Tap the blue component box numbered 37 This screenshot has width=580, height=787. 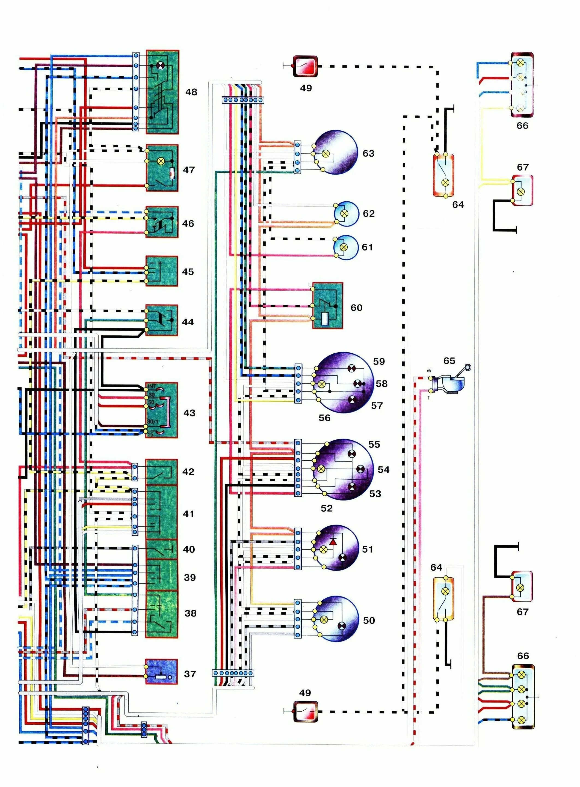(x=161, y=672)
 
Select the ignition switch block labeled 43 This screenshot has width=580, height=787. (x=161, y=410)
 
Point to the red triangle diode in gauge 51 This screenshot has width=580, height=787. (x=333, y=542)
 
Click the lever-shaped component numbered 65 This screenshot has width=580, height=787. (x=451, y=381)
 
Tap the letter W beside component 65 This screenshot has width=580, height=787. (x=429, y=371)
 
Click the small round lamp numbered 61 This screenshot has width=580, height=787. (x=345, y=247)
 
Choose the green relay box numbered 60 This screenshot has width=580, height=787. (x=328, y=306)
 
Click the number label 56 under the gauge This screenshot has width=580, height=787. (x=324, y=418)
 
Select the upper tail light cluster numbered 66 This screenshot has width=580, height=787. (x=522, y=85)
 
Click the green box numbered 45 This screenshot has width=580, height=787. (x=161, y=271)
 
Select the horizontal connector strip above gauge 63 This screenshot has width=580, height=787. (x=242, y=100)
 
